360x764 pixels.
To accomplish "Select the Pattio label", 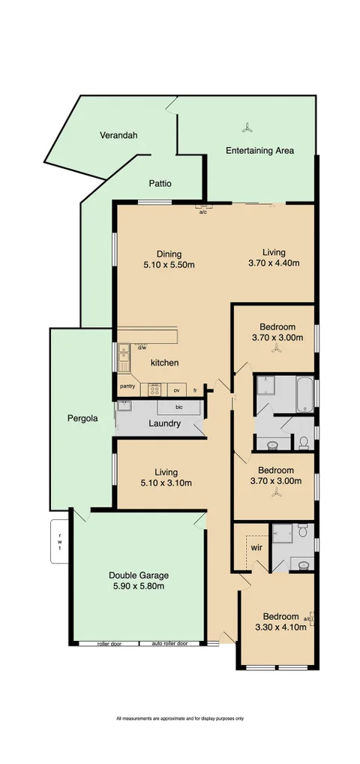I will pyautogui.click(x=160, y=183).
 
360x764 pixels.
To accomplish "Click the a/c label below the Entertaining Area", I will pyautogui.click(x=202, y=212).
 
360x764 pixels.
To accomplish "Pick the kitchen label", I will pyautogui.click(x=164, y=363).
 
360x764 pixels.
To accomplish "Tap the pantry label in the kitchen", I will pyautogui.click(x=127, y=387).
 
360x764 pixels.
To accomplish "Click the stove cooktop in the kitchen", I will pyautogui.click(x=156, y=389).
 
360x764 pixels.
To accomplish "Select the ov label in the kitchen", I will pyautogui.click(x=178, y=390).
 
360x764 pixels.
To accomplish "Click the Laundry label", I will pyautogui.click(x=164, y=424).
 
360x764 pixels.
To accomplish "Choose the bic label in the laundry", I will pyautogui.click(x=178, y=408).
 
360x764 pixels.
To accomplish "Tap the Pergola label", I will pyautogui.click(x=82, y=420).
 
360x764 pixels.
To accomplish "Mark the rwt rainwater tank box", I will pyautogui.click(x=60, y=541).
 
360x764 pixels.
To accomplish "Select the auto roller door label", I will pyautogui.click(x=169, y=644).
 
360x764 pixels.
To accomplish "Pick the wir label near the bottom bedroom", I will pyautogui.click(x=255, y=548).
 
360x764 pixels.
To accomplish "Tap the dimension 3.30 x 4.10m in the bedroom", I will pyautogui.click(x=280, y=627).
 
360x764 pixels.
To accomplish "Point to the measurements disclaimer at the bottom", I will pyautogui.click(x=180, y=718).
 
